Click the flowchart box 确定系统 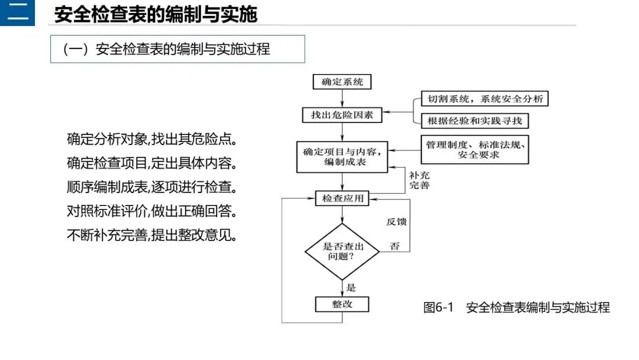point(342,82)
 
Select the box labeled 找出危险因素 point(342,115)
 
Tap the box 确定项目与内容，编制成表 point(342,157)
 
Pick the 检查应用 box point(342,198)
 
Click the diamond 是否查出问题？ point(342,252)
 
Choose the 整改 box point(342,304)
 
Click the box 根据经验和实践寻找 point(475,121)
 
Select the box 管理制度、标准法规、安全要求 point(475,150)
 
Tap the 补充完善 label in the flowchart point(419,181)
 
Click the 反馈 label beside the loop point(396,222)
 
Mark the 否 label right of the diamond point(395,246)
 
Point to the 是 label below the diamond point(351,288)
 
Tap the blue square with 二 point(17,13)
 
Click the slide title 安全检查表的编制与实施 point(156,14)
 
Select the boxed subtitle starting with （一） point(177,49)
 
